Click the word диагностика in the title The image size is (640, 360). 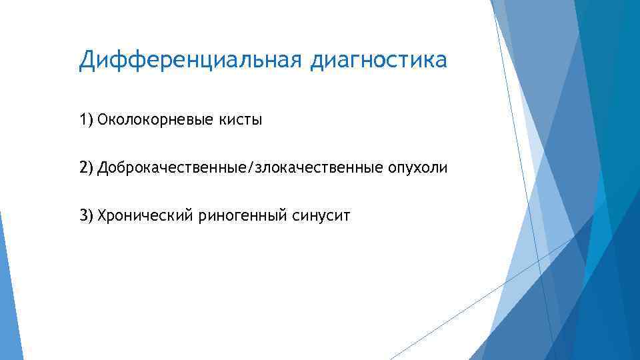378,62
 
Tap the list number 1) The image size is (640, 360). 86,120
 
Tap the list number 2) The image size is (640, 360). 86,168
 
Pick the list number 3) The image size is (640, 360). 86,215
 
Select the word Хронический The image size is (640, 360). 145,215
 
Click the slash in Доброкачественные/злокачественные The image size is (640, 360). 251,168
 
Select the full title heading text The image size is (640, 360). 263,62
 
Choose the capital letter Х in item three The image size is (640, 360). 101,215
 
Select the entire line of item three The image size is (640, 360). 214,215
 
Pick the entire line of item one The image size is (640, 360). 171,121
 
